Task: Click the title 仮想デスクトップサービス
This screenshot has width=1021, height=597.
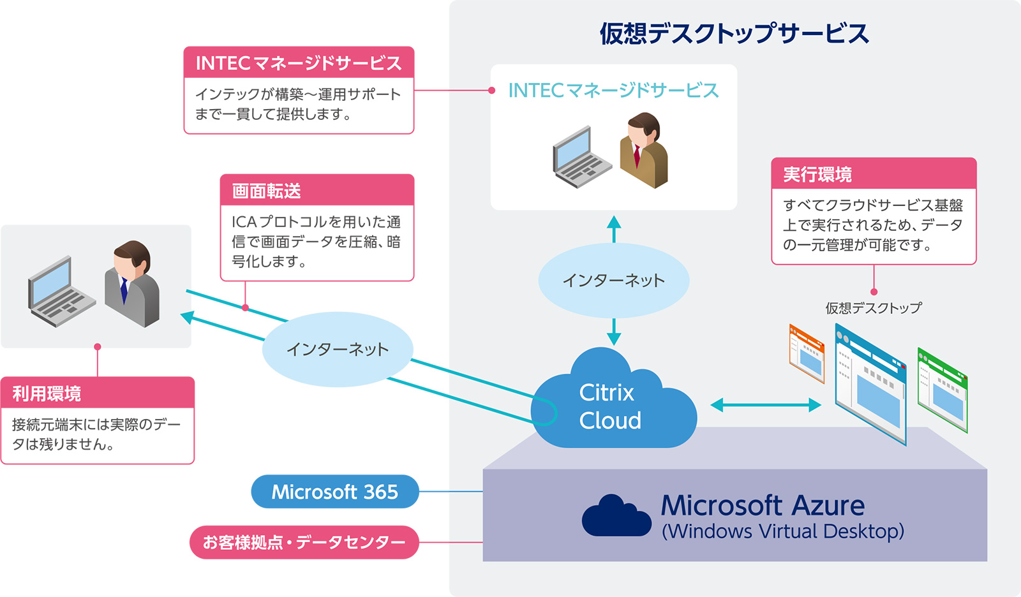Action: point(734,34)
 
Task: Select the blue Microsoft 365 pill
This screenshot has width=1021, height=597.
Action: point(335,492)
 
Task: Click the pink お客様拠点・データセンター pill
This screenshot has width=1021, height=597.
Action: point(304,542)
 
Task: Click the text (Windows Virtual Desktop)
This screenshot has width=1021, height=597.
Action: point(782,531)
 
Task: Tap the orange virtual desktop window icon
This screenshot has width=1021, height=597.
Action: point(807,353)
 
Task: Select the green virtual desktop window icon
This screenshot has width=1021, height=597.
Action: point(942,390)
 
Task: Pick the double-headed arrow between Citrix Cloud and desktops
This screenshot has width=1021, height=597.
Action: point(766,404)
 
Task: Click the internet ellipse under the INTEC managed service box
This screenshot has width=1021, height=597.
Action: point(613,280)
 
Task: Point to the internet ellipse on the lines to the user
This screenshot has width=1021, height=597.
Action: point(338,350)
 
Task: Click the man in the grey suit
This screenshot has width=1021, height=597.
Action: point(131,283)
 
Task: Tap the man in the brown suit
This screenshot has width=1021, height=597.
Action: point(644,150)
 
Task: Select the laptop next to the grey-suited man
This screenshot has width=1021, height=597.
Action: point(61,291)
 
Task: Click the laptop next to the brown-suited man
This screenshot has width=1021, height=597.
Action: point(582,158)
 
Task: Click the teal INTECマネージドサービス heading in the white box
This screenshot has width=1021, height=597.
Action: point(613,90)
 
